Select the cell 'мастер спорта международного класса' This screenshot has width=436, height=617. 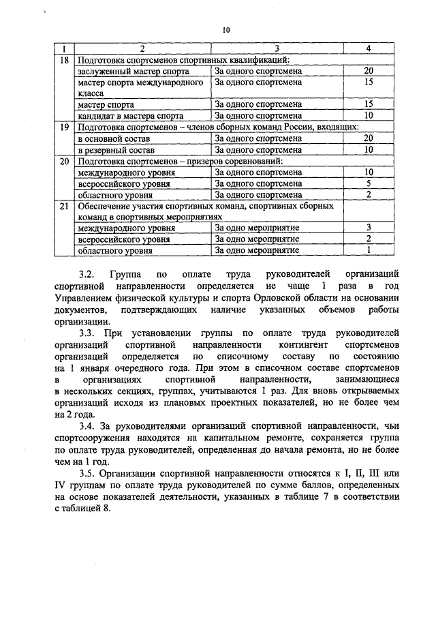[140, 87]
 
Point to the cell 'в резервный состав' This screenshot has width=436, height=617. [116, 149]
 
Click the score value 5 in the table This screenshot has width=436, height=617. [368, 183]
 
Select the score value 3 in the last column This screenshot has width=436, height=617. [368, 227]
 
